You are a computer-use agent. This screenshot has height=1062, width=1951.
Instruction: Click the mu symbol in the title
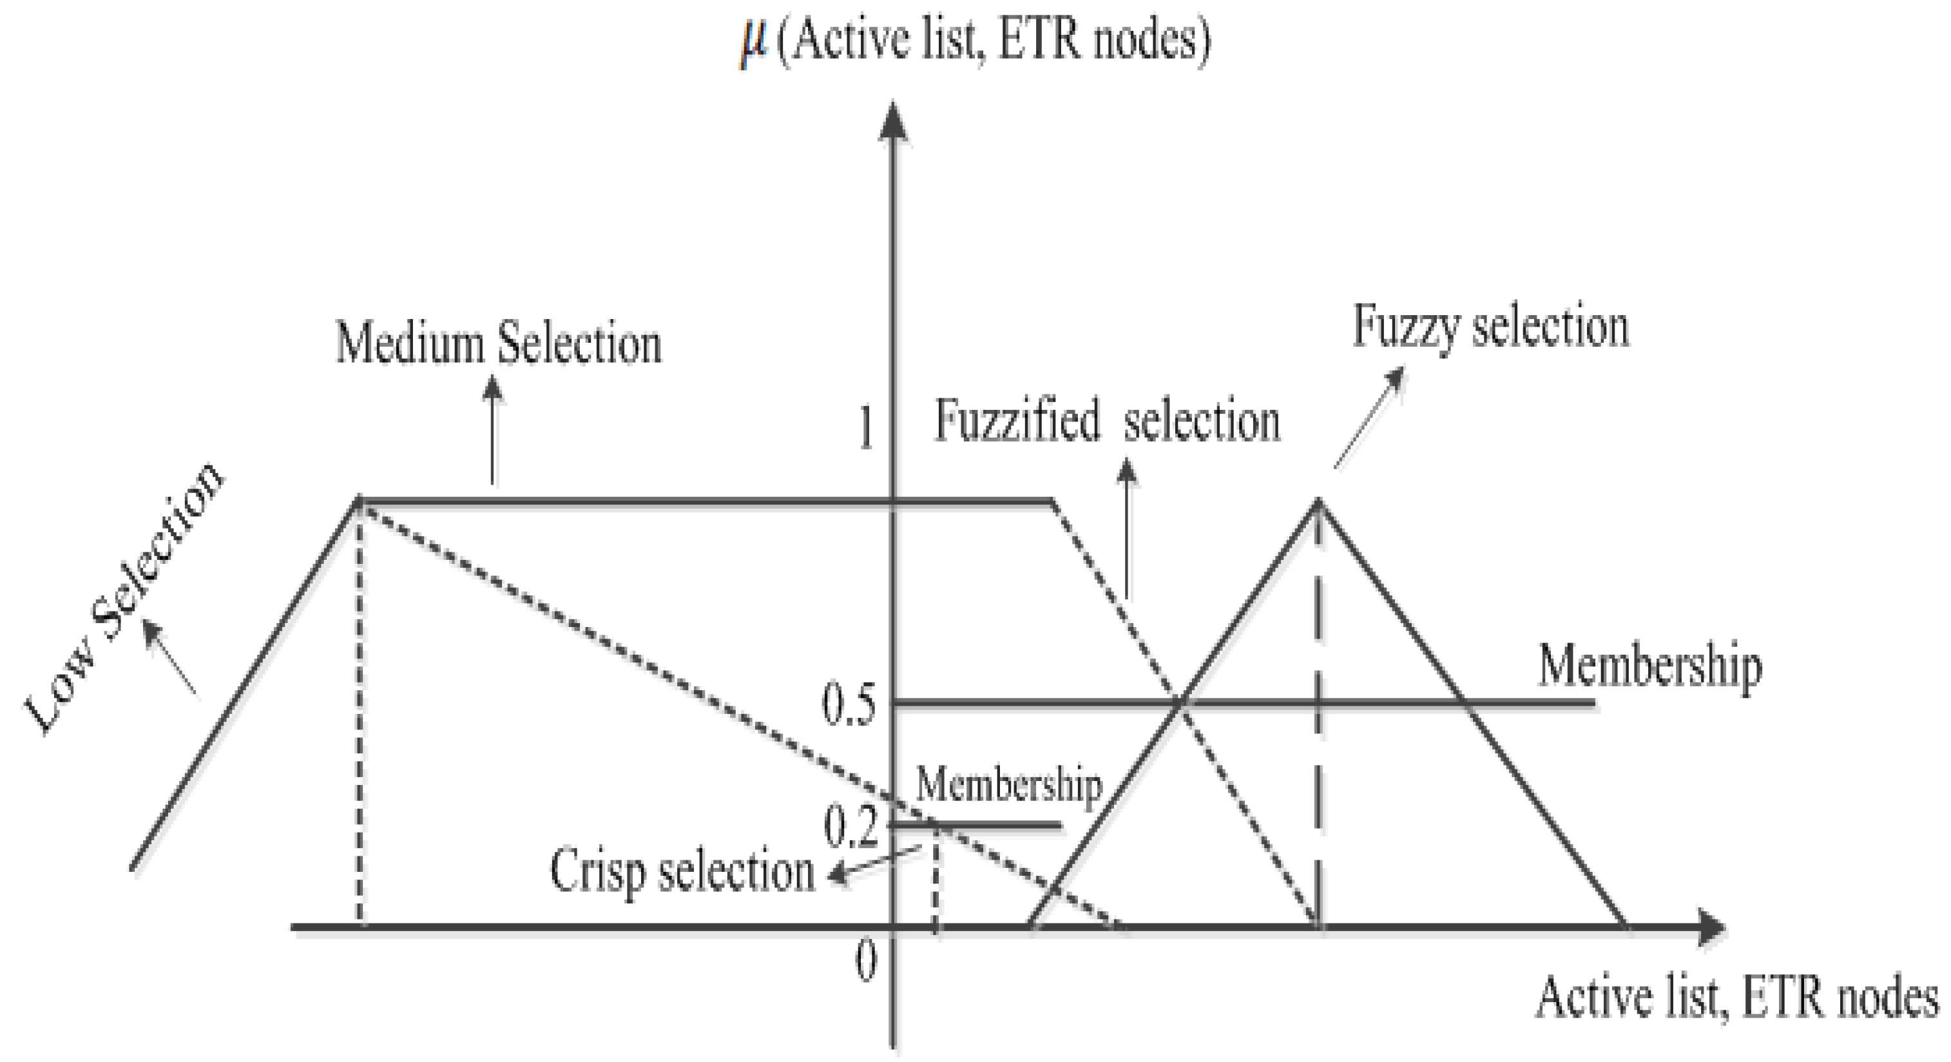754,44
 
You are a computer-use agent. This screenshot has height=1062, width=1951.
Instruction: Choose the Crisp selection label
682,872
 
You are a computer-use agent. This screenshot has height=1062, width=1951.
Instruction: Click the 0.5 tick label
849,704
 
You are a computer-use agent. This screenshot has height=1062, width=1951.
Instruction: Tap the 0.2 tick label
850,827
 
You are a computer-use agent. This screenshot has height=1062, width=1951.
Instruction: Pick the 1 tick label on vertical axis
864,429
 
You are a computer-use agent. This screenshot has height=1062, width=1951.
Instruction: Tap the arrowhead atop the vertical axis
894,121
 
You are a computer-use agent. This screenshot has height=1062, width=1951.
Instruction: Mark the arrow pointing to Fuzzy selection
1369,418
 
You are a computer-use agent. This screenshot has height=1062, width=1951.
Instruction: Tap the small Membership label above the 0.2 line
1009,786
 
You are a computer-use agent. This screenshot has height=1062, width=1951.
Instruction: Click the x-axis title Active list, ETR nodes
1736,998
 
